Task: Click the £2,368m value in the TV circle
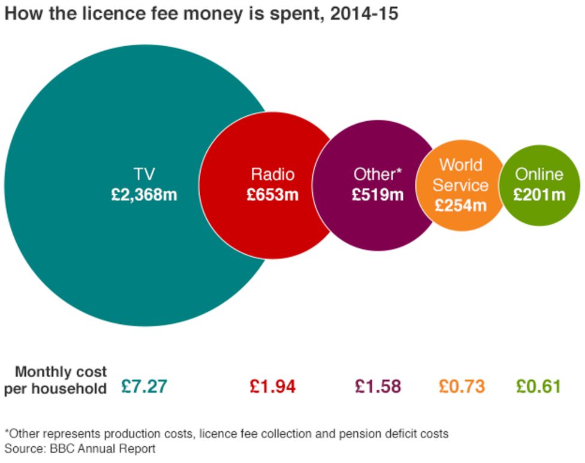144,195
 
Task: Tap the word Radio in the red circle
273,175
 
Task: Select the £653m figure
273,195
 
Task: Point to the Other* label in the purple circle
378,175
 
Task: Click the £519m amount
378,195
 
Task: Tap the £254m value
460,206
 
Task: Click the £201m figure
539,195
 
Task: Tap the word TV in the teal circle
144,175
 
